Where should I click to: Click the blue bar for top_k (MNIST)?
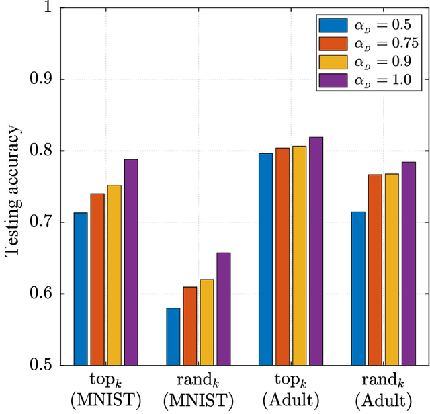coord(81,289)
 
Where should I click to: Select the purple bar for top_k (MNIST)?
coord(131,262)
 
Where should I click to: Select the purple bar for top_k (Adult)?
coord(316,251)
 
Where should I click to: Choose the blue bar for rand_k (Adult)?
coord(358,288)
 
